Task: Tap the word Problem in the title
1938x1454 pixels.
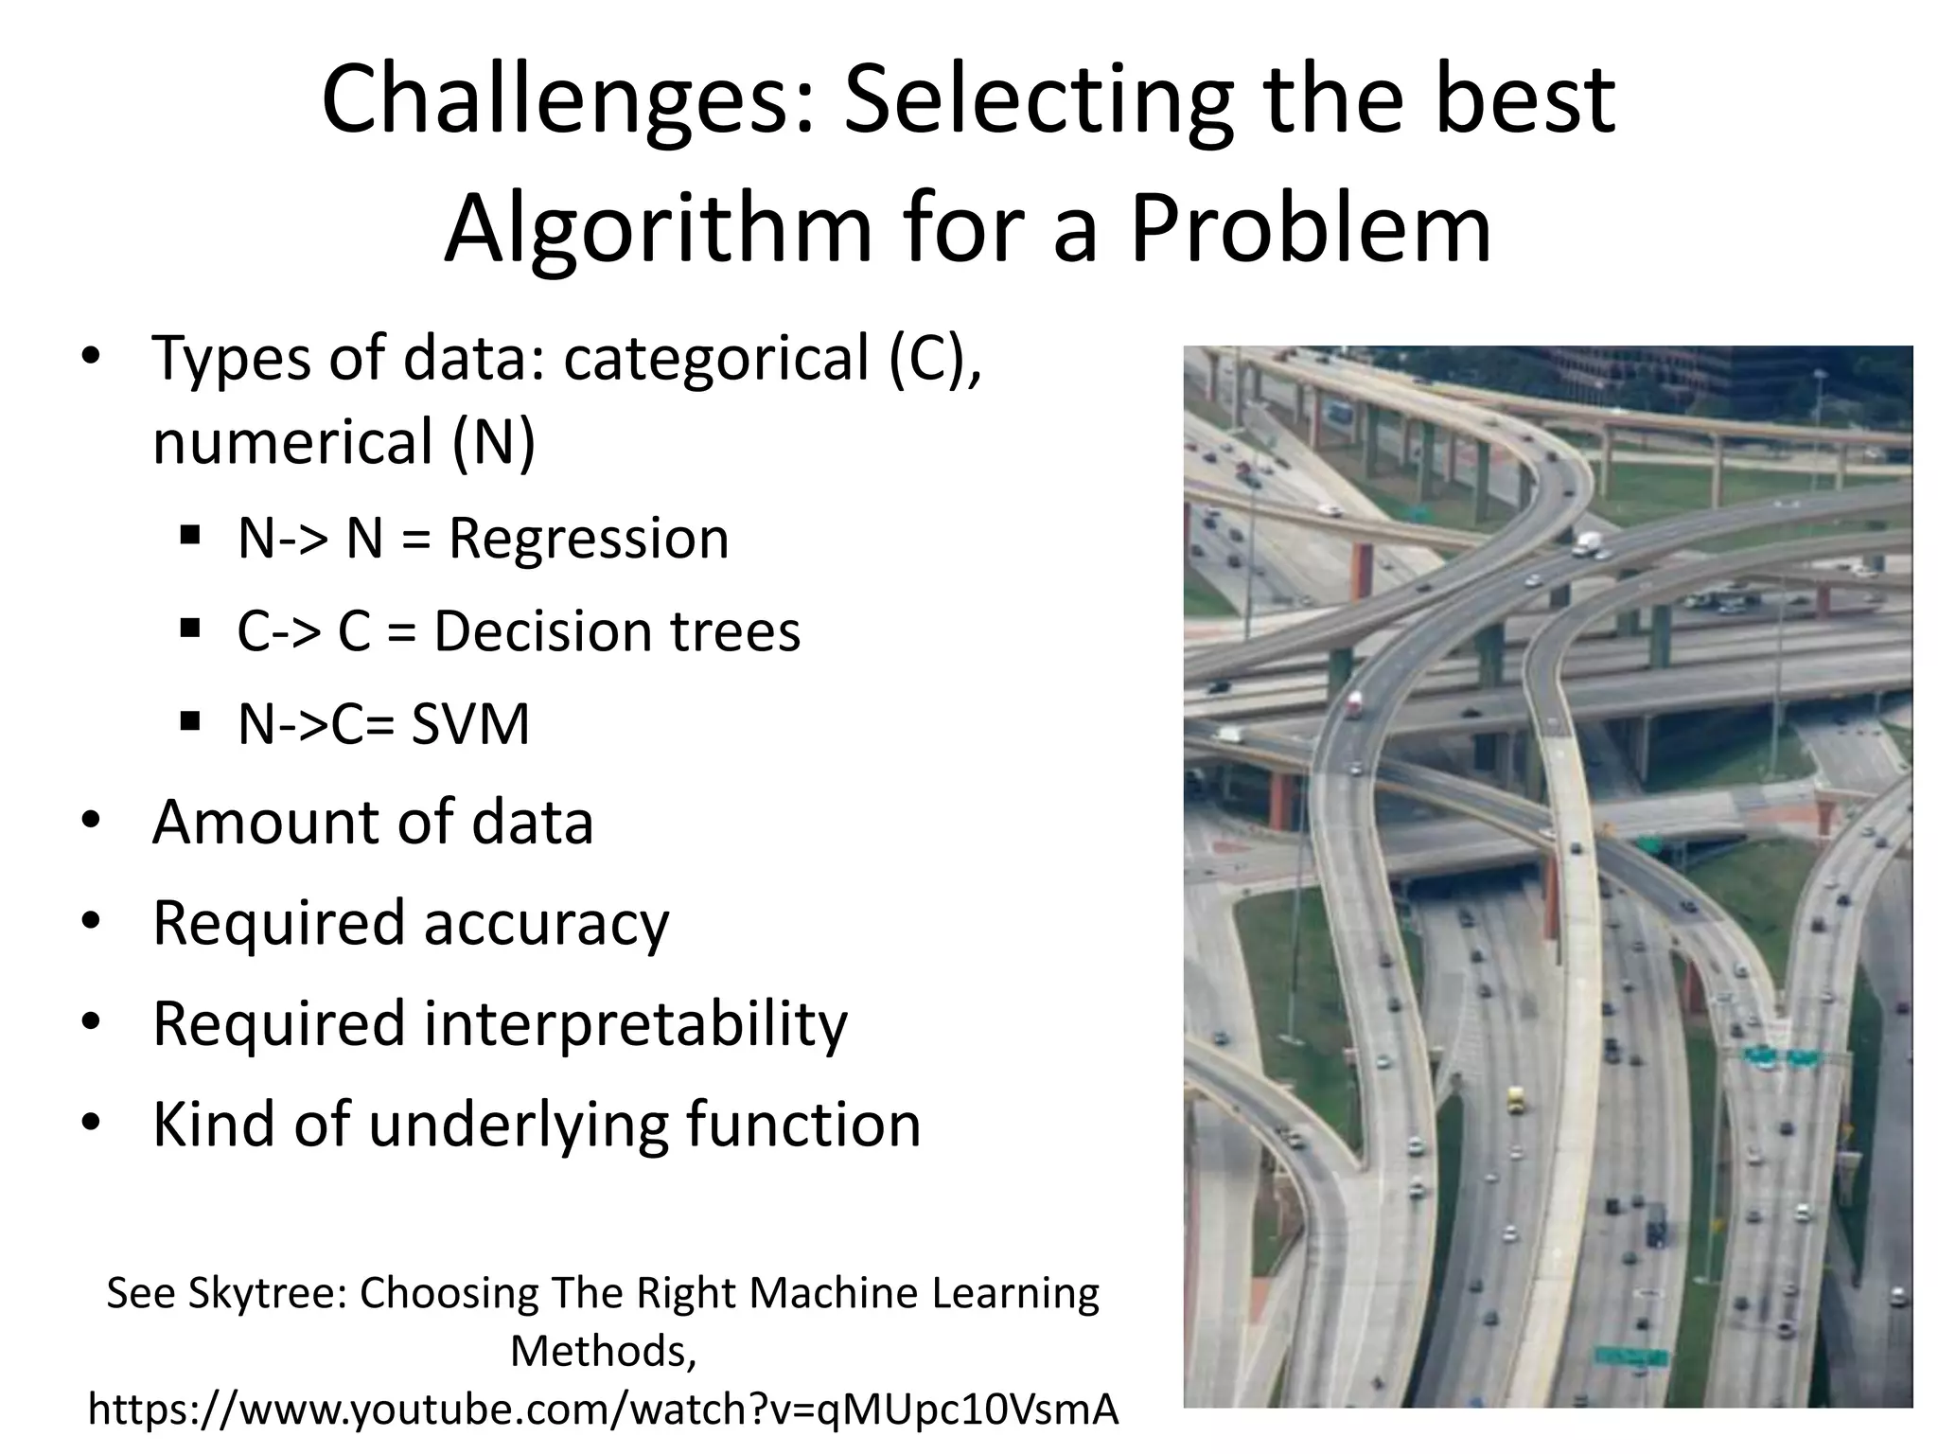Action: [x=1311, y=230]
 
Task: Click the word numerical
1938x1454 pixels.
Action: [x=291, y=443]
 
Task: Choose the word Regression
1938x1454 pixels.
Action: [x=588, y=539]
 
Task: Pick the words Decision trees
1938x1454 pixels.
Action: [x=617, y=632]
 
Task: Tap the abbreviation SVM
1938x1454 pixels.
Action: [x=470, y=725]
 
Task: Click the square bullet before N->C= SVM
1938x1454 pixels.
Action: [x=190, y=722]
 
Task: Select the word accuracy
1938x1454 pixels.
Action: [x=546, y=923]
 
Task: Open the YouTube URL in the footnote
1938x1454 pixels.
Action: [x=604, y=1410]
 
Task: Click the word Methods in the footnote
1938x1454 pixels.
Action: [x=603, y=1351]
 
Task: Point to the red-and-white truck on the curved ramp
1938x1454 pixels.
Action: [x=1355, y=702]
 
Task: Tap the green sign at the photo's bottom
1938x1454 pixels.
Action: [x=1630, y=1356]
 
